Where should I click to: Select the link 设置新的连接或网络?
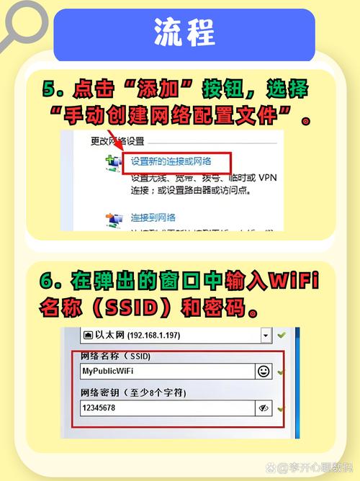pyautogui.click(x=176, y=161)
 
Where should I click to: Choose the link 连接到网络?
pyautogui.click(x=153, y=217)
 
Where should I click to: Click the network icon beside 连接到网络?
pyautogui.click(x=112, y=218)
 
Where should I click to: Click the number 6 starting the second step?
pyautogui.click(x=49, y=279)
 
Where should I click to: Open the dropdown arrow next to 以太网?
pyautogui.click(x=266, y=336)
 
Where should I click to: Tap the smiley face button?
pyautogui.click(x=264, y=371)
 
